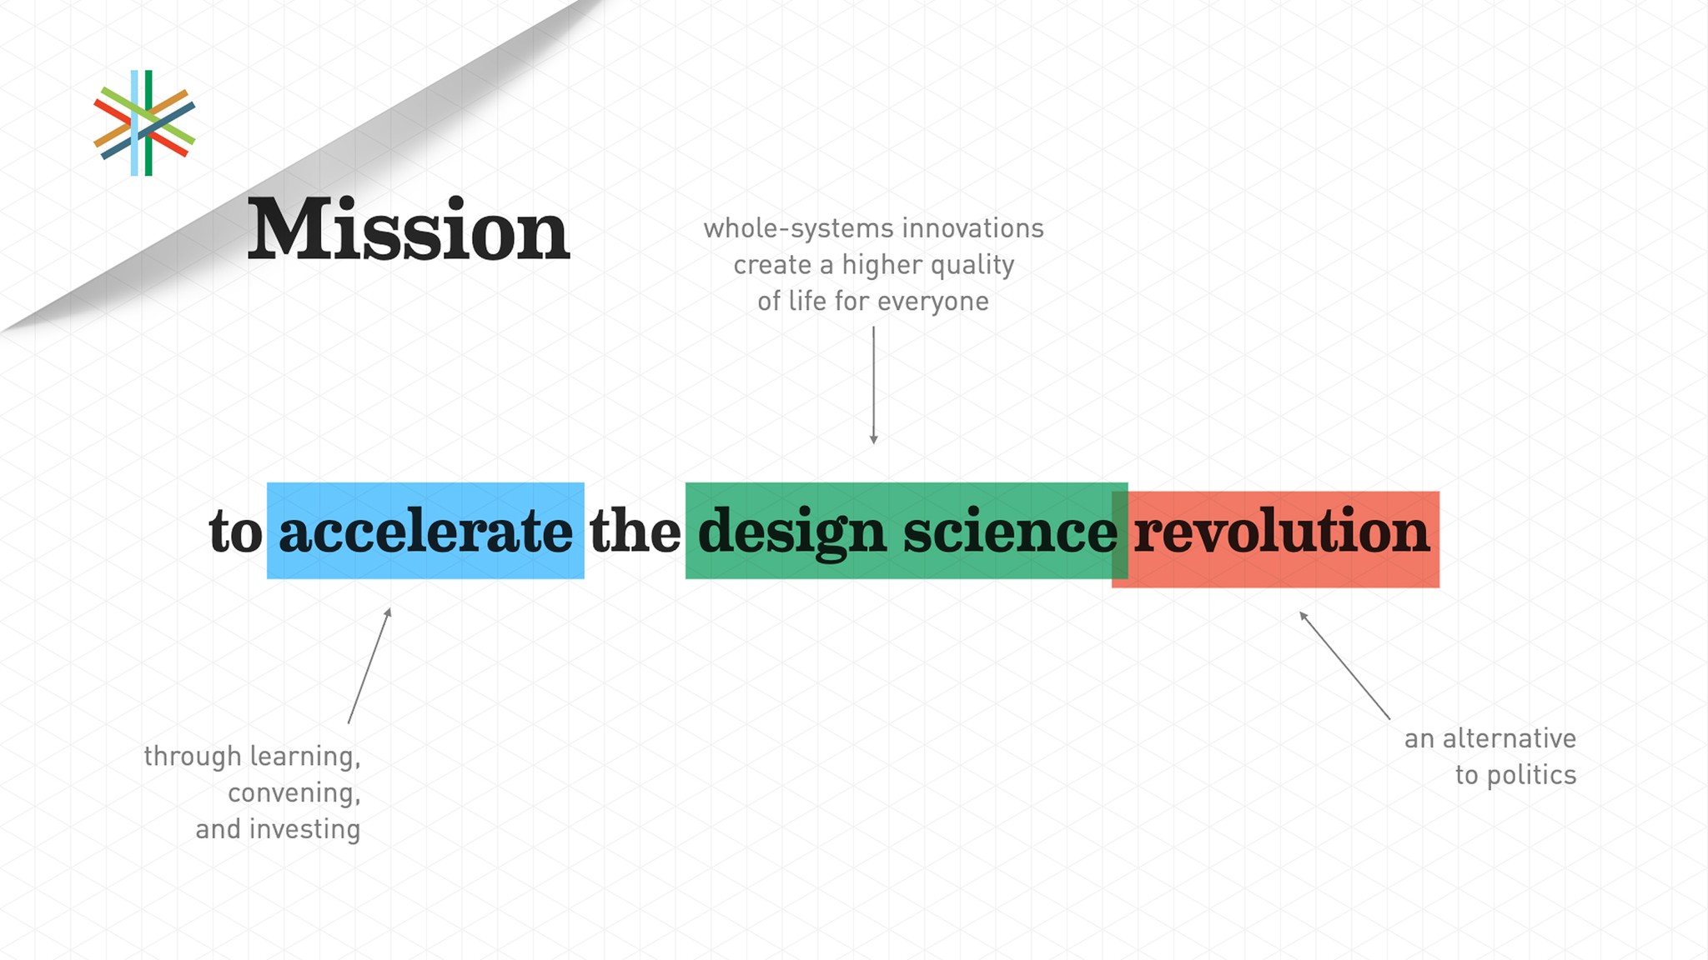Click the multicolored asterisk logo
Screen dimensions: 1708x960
click(144, 123)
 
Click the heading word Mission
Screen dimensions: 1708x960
click(409, 229)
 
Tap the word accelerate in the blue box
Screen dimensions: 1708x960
click(425, 531)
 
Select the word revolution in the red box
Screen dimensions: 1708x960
click(1281, 531)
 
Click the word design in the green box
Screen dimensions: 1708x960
click(791, 533)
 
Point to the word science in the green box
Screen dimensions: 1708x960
click(1010, 531)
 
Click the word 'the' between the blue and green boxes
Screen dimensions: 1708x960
click(635, 530)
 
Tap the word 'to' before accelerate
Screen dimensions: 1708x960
click(235, 532)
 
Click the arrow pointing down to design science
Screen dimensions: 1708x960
click(873, 385)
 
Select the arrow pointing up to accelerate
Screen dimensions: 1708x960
click(369, 665)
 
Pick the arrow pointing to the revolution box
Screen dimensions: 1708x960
click(1344, 665)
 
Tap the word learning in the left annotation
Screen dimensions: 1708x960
click(305, 757)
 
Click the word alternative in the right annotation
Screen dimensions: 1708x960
click(1510, 738)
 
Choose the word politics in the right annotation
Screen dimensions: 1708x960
click(1532, 776)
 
